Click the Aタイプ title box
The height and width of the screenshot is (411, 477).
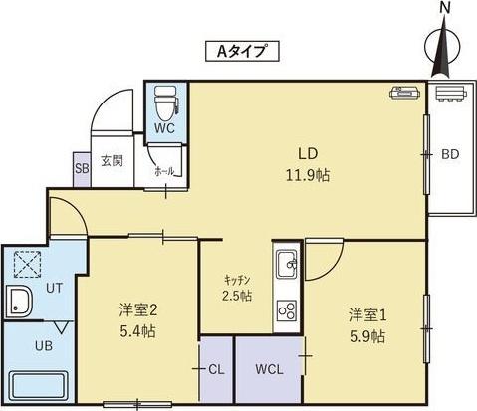point(239,50)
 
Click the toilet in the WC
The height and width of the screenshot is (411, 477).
point(164,102)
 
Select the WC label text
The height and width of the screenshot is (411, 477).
point(165,128)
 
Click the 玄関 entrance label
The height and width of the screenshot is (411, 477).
point(111,161)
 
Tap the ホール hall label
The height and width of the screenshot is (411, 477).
point(164,171)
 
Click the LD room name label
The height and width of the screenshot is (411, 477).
point(310,154)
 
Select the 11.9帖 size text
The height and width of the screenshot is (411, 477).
point(310,175)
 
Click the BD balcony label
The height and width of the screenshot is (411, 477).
point(450,154)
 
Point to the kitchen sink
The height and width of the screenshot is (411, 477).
point(287,266)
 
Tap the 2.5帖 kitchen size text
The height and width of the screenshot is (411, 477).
point(237,296)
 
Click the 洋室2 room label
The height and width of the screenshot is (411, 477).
point(136,308)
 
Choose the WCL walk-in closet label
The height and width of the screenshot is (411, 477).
point(269,368)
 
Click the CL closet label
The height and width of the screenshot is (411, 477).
point(216,368)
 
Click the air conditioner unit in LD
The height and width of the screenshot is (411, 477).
point(405,93)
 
